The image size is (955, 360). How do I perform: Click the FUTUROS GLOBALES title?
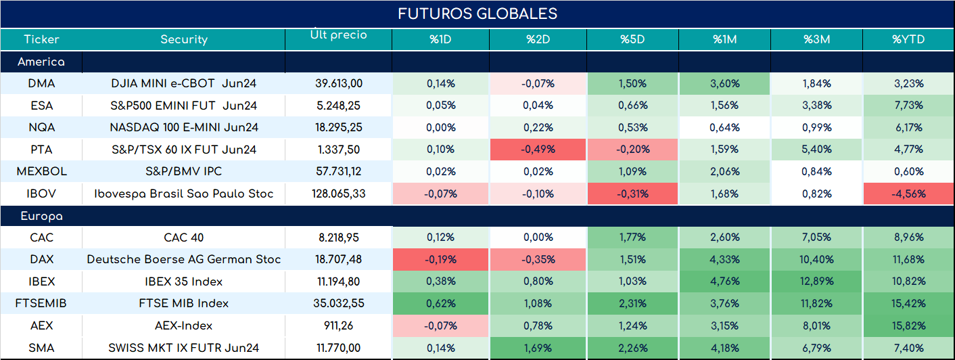[x=477, y=14]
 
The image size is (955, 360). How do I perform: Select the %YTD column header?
[x=908, y=39]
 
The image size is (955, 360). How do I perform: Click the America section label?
[x=41, y=62]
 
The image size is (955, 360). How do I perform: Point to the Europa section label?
[x=41, y=217]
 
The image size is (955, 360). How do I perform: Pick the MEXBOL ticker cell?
[x=41, y=171]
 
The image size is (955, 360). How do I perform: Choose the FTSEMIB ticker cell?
[x=41, y=303]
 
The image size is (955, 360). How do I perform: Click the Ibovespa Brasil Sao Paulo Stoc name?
[x=184, y=194]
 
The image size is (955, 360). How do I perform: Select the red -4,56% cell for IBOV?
[x=908, y=194]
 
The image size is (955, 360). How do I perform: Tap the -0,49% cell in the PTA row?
[x=538, y=150]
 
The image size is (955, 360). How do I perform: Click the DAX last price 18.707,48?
[x=339, y=259]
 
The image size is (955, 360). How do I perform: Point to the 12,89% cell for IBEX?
[x=816, y=282]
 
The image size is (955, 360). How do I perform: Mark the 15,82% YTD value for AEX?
[x=908, y=326]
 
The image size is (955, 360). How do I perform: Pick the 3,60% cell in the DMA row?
[x=725, y=84]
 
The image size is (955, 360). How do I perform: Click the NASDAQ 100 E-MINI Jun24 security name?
[x=184, y=127]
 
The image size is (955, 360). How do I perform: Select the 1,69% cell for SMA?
[x=538, y=348]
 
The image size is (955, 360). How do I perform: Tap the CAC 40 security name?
[x=184, y=238]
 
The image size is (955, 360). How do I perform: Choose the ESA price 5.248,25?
[x=339, y=106]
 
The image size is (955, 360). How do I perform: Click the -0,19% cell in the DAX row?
[x=440, y=259]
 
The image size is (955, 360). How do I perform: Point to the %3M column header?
[x=816, y=39]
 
